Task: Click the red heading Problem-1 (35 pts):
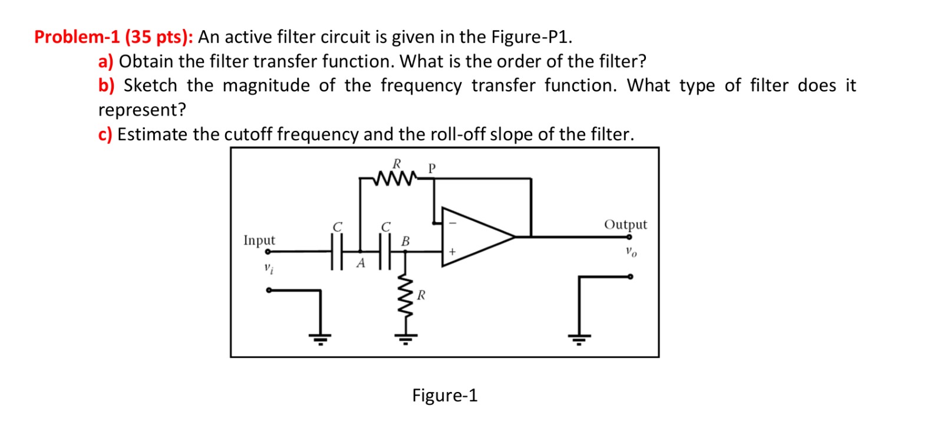113,37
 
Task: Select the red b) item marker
106,85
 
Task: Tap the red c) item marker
105,134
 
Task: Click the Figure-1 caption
444,395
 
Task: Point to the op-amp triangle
474,237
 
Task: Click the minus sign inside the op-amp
453,223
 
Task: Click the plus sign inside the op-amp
452,252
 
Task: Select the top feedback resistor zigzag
395,176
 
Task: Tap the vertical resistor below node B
405,297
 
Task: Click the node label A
361,263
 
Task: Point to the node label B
405,241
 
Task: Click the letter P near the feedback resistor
431,168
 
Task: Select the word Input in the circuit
259,240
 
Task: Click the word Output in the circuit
625,225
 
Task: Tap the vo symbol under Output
631,252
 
